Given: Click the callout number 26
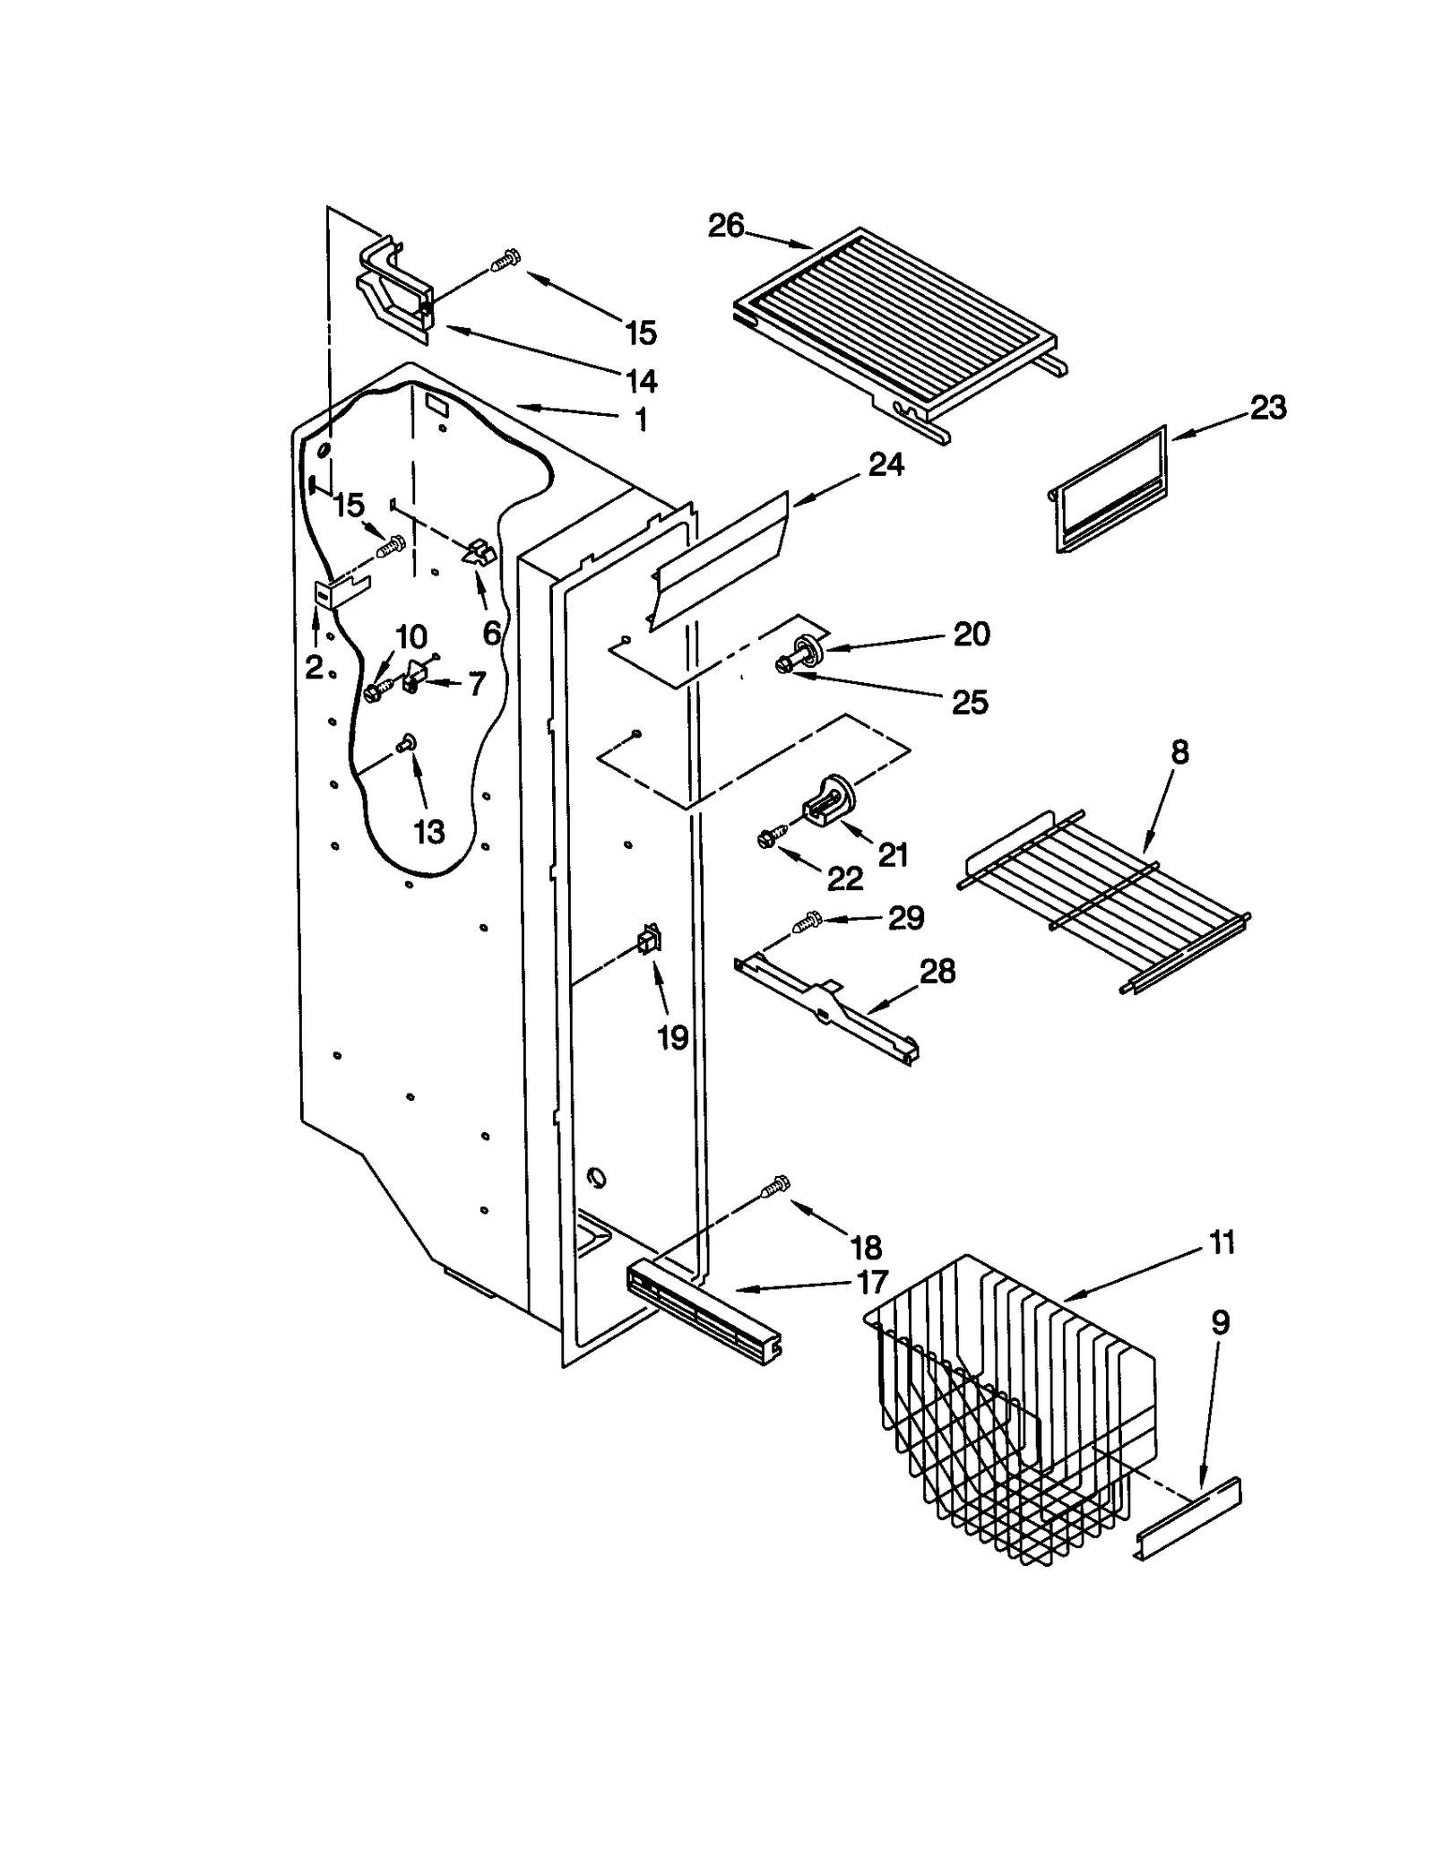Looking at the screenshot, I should [x=725, y=226].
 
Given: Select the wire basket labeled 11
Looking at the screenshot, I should [x=1013, y=1416].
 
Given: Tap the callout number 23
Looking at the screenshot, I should [x=1268, y=408].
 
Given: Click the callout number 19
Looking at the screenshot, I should [x=673, y=1038].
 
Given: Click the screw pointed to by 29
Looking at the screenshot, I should [x=809, y=921].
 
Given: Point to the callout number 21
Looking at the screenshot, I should [x=893, y=854].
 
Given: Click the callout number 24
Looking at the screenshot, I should [x=885, y=464].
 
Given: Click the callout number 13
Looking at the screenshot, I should [x=429, y=832].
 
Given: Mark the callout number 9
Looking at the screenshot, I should [x=1221, y=1322].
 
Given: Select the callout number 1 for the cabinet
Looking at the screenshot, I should [x=640, y=420].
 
